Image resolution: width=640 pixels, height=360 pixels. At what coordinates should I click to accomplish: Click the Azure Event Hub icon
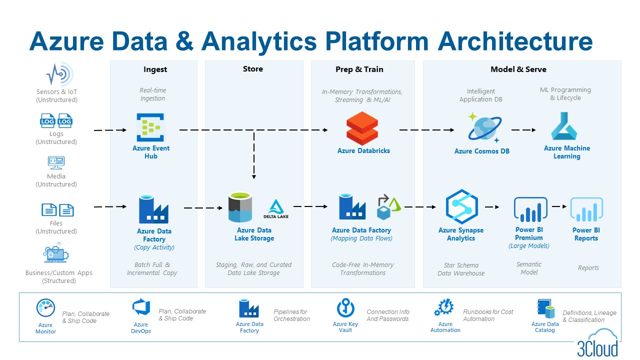point(151,127)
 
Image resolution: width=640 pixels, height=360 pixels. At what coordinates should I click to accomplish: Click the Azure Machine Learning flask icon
point(564,126)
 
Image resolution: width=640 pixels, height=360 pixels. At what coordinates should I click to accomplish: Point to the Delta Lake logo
point(276,209)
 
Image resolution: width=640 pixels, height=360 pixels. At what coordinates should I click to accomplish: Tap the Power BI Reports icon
point(586,209)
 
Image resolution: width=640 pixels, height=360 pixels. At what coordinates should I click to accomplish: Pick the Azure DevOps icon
point(141,306)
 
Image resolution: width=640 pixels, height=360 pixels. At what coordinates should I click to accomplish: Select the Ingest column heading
point(155,69)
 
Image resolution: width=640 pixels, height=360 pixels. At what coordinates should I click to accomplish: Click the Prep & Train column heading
point(359,69)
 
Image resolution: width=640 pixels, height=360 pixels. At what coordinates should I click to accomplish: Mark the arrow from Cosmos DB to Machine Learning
point(523,130)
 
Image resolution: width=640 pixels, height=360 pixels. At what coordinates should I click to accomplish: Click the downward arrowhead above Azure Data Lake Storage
point(254,176)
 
